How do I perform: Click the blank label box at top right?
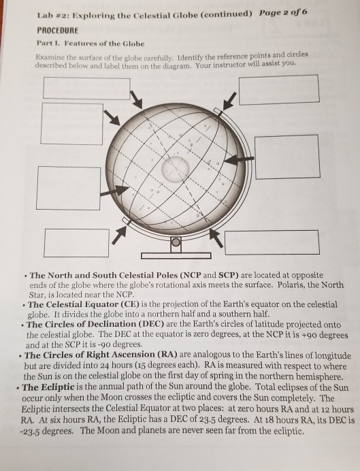pos(278,91)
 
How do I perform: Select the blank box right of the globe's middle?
pos(287,157)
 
